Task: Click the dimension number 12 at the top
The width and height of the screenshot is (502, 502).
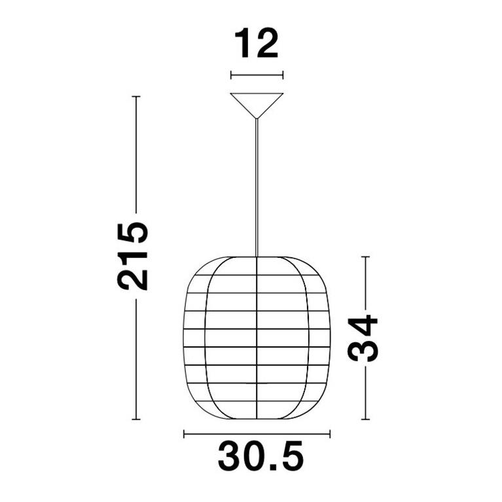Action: (257, 44)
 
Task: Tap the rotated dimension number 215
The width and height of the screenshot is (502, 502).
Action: (134, 256)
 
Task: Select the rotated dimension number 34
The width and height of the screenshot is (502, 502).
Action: (363, 338)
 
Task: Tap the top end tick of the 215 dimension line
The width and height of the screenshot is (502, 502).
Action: (136, 97)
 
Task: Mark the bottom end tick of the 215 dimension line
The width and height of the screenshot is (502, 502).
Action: (136, 419)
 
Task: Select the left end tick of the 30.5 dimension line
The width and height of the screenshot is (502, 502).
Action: (185, 433)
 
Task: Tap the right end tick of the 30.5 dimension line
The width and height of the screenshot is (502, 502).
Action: (330, 433)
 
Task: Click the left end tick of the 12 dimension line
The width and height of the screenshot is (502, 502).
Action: (231, 75)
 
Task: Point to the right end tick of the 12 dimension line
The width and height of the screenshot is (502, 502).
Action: (283, 75)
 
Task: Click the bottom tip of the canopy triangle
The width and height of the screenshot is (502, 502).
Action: (257, 118)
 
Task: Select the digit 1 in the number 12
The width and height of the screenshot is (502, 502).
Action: (243, 44)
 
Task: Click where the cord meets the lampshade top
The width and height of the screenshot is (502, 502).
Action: (257, 257)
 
